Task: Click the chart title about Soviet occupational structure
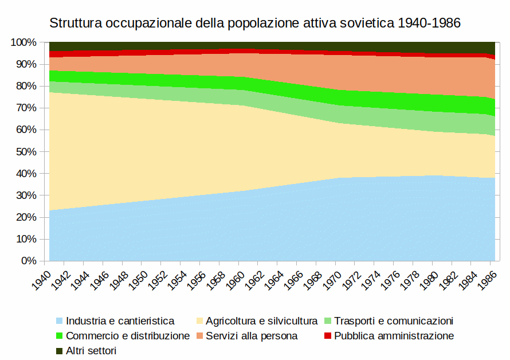255,24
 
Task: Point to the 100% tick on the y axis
24,42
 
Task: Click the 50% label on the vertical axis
26,152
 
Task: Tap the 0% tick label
29,261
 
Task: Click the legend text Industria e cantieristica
120,321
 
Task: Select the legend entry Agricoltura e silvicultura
262,321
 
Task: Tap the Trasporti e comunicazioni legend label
394,321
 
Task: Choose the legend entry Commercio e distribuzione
128,336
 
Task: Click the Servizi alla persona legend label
252,336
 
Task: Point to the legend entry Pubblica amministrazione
394,336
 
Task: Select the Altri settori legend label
91,351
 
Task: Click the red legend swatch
328,336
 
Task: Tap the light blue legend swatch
60,321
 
